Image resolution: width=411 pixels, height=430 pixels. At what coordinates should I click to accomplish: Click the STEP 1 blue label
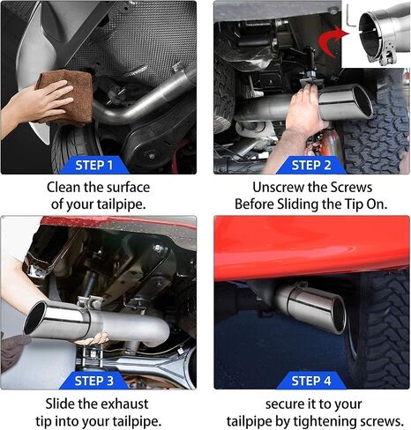[94, 165]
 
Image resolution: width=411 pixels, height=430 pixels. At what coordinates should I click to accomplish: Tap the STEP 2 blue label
[311, 165]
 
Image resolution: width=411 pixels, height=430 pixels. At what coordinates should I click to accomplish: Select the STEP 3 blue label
[94, 381]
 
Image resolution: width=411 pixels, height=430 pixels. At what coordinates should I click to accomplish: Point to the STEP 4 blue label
[311, 381]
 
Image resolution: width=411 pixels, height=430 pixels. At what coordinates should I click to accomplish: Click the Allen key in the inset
[351, 17]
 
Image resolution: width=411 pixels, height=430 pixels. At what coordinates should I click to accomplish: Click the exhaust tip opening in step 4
[339, 315]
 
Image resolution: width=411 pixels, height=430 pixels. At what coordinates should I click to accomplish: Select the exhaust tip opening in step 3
[35, 318]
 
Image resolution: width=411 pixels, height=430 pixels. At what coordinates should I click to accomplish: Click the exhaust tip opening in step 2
[362, 101]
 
